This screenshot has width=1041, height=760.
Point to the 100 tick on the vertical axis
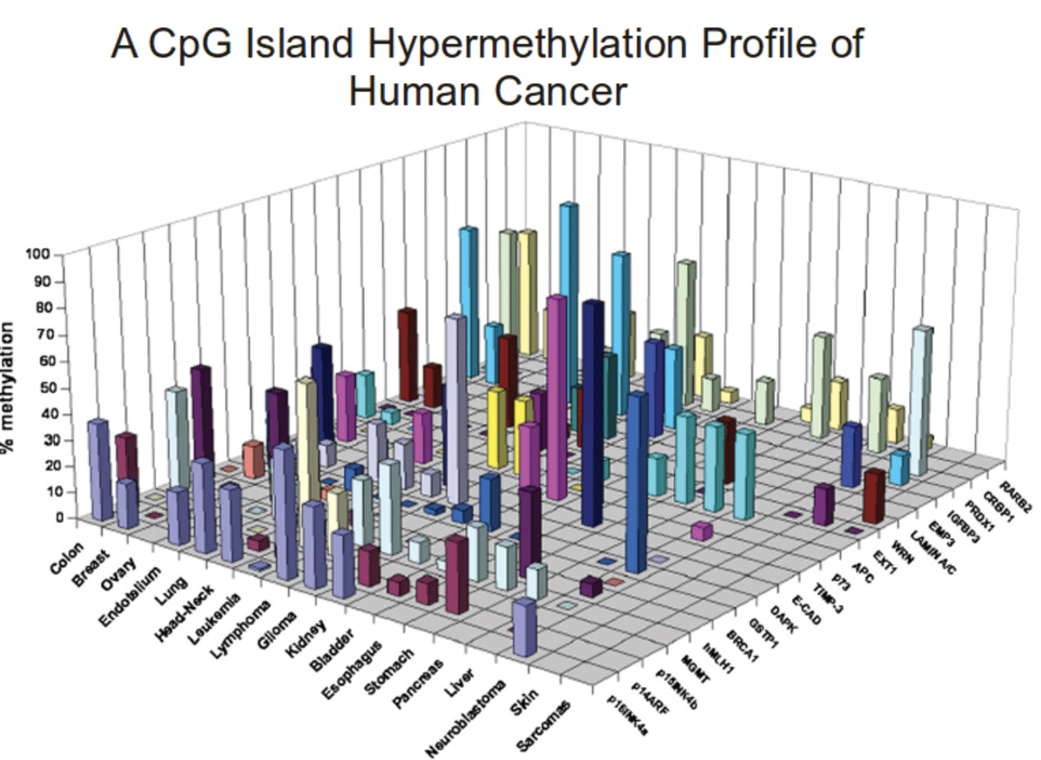[42, 255]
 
